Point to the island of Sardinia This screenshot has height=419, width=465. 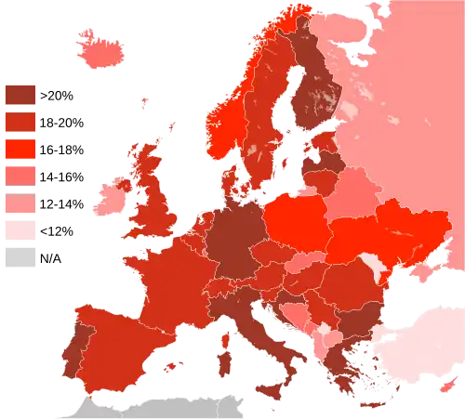pyautogui.click(x=223, y=348)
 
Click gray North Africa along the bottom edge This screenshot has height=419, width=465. pyautogui.click(x=158, y=407)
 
